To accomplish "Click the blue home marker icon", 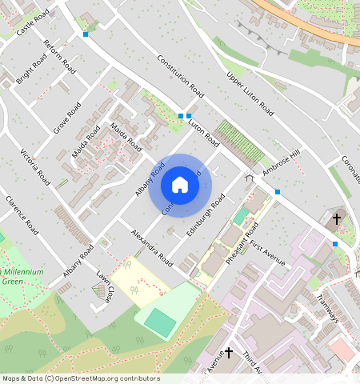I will (x=180, y=185).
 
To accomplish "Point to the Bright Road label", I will (x=31, y=70).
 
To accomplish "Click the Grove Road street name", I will (x=67, y=118).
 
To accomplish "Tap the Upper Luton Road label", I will (x=250, y=95).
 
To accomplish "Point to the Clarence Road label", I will (x=22, y=214).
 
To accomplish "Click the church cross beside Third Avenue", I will (x=228, y=352).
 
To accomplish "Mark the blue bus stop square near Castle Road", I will (x=86, y=34).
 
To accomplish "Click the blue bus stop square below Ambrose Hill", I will (x=277, y=192).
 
